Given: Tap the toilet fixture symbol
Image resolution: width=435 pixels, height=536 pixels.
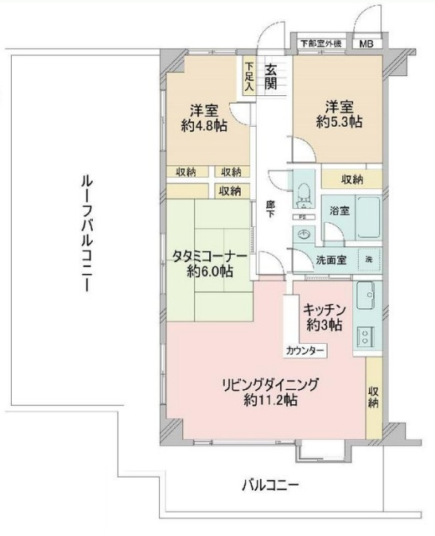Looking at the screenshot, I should click(x=302, y=187).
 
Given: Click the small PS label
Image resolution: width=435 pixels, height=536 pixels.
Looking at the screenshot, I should click(x=301, y=215).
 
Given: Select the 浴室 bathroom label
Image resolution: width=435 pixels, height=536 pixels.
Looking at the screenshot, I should click(x=339, y=211).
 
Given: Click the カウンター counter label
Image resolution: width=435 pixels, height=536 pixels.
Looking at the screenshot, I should click(x=300, y=351).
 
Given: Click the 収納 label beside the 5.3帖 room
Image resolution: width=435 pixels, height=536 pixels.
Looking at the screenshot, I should click(x=352, y=180).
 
